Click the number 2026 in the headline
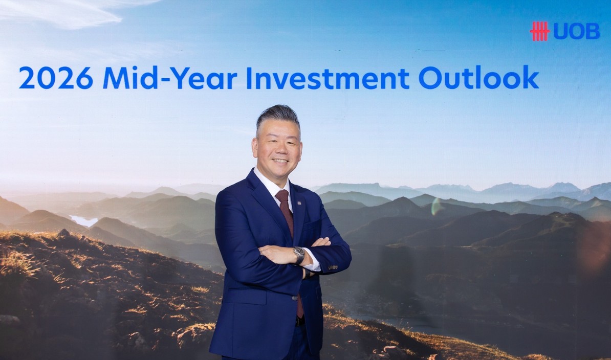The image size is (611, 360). coord(56,77)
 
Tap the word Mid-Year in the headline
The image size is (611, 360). coord(170,77)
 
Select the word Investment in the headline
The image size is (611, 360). coord(328,77)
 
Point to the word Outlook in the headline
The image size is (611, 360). coord(479,77)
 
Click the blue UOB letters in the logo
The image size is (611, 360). coord(577,32)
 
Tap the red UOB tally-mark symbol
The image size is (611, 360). coord(540,31)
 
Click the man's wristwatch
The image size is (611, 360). coord(299,255)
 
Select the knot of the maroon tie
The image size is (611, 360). coord(282,196)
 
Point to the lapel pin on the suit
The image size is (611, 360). coord(299,203)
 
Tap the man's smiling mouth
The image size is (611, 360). coord(280,161)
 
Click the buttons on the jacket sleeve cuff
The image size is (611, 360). coord(332,267)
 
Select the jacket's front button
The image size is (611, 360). coord(294,298)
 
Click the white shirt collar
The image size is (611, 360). coord(270,182)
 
